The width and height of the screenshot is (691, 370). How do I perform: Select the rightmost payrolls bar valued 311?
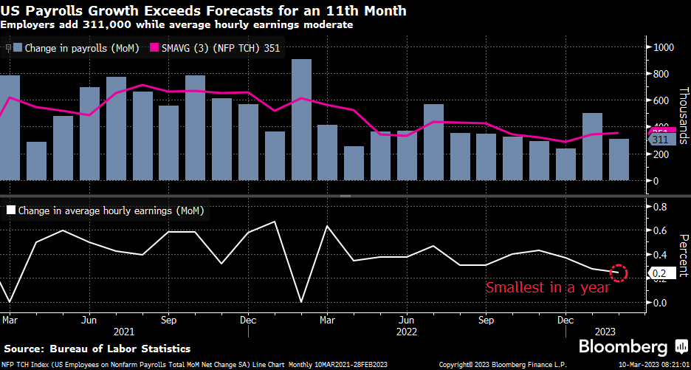click(x=619, y=160)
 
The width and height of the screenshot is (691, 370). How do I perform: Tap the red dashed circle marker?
click(x=619, y=273)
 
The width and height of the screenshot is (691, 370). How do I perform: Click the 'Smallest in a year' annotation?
click(x=547, y=287)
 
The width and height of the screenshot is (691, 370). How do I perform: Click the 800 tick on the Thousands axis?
click(x=661, y=74)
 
